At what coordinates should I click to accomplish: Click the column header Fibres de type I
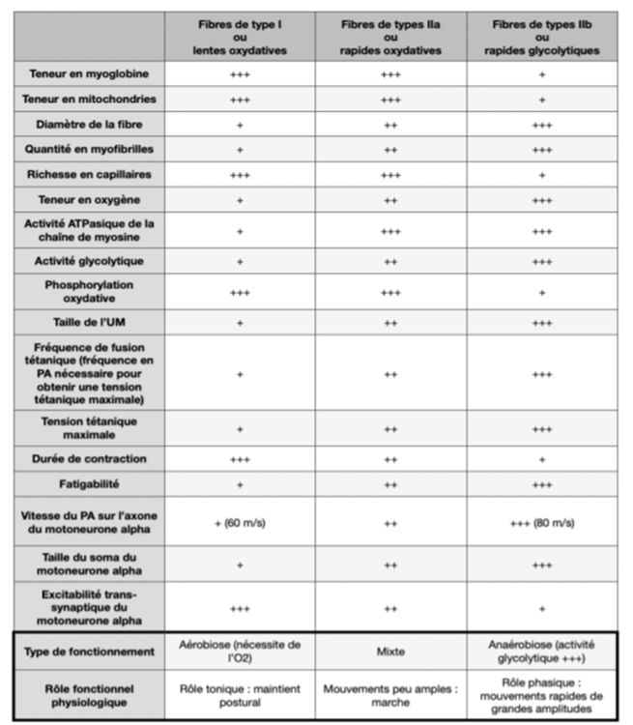(x=240, y=36)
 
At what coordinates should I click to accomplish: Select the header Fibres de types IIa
(x=391, y=36)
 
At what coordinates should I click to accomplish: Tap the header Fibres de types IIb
(x=541, y=36)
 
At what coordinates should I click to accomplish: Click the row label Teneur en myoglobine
(x=88, y=73)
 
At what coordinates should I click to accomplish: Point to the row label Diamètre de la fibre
(x=88, y=124)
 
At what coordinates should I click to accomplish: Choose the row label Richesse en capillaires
(x=88, y=175)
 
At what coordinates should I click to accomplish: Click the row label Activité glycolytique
(x=88, y=261)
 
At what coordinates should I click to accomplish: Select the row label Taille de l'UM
(x=88, y=323)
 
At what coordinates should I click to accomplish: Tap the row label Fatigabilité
(x=88, y=482)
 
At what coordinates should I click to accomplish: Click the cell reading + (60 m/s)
(x=240, y=523)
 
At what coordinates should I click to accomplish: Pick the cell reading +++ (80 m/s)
(x=541, y=523)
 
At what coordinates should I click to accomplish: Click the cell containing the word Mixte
(x=391, y=652)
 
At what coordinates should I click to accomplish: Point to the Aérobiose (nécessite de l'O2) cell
(x=240, y=652)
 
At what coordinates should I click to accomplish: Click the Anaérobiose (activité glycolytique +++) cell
(x=541, y=652)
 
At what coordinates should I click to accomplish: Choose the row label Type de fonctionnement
(x=88, y=652)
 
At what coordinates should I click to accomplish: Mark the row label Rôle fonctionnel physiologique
(x=88, y=696)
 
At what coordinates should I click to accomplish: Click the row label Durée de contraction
(x=88, y=458)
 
